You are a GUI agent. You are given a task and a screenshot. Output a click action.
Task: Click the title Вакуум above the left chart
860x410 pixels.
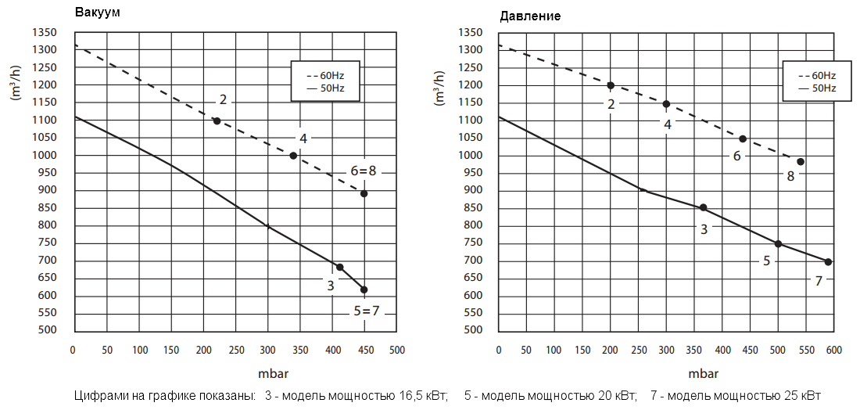pos(98,13)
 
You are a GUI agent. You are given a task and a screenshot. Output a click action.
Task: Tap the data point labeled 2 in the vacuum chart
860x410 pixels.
pos(217,120)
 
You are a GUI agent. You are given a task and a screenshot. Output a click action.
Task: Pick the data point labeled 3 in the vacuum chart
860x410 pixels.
pos(339,267)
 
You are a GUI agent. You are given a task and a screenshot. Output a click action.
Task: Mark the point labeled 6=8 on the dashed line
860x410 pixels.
pos(364,193)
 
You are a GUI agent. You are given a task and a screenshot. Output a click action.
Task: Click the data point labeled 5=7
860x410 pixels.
pos(364,290)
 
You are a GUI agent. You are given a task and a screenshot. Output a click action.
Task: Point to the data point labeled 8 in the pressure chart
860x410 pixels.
pos(801,162)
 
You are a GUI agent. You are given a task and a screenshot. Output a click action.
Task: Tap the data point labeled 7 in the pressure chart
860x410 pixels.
pos(828,261)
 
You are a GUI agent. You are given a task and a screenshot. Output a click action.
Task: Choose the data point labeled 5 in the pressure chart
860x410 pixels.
pos(778,243)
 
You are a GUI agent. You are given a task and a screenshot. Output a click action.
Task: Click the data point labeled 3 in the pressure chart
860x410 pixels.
pos(703,207)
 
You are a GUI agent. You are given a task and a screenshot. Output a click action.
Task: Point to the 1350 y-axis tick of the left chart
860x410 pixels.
pos(45,33)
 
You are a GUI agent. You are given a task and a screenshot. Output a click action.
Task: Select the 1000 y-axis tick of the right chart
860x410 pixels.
pos(471,156)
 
